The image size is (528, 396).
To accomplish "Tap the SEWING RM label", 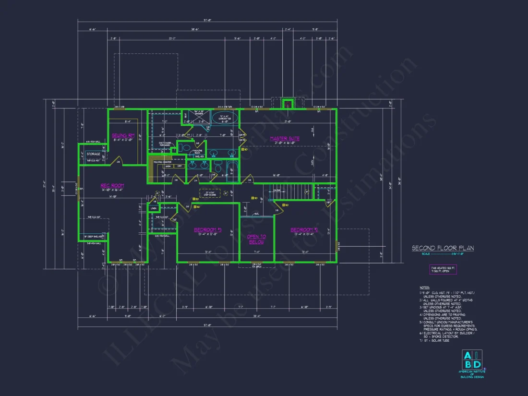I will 123,136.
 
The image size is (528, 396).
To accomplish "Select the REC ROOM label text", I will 112,185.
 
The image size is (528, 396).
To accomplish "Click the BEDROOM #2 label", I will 304,230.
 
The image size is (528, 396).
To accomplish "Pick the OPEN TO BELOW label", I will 256,239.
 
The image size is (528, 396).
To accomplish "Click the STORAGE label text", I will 94,154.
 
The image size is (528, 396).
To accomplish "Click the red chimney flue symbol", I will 288,104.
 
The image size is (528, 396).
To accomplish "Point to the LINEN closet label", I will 154,208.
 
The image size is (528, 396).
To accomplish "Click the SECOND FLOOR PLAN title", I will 443,248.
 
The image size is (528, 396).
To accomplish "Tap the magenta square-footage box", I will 443,269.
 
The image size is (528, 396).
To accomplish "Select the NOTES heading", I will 424,288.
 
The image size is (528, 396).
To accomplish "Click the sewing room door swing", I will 117,161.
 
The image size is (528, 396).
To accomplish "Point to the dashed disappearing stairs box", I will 209,193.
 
